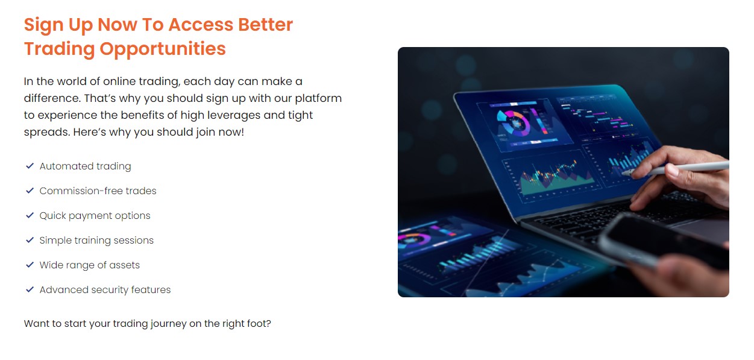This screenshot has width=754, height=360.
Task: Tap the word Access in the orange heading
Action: (201, 25)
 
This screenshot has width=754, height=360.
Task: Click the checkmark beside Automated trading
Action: (30, 166)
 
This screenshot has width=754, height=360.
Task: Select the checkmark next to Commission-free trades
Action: (30, 191)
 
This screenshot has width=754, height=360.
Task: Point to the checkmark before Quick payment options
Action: (30, 215)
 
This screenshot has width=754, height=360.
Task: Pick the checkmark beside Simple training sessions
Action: (30, 240)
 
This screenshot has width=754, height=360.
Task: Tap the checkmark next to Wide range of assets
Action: (30, 265)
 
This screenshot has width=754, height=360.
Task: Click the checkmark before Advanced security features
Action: (30, 289)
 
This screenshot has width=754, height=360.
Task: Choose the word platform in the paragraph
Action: (318, 98)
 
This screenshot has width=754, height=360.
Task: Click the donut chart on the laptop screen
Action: (513, 124)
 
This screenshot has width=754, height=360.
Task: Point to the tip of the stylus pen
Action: (623, 173)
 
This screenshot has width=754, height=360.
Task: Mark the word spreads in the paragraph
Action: (47, 132)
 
